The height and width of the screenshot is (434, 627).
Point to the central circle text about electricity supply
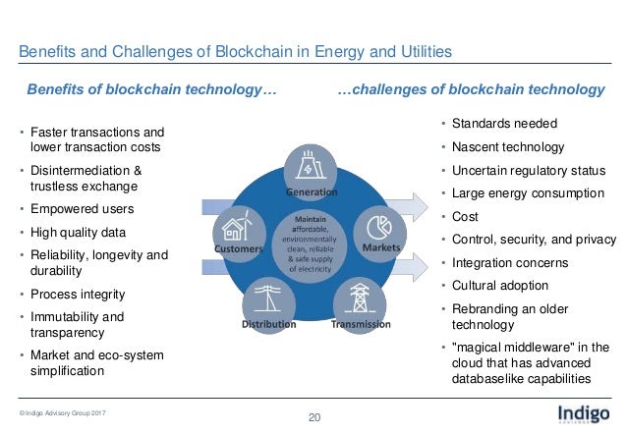[x=311, y=245]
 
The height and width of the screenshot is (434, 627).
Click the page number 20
[x=314, y=419]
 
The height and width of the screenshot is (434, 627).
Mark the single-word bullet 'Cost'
[x=466, y=216]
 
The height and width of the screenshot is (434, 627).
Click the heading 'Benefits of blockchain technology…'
[x=150, y=90]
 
